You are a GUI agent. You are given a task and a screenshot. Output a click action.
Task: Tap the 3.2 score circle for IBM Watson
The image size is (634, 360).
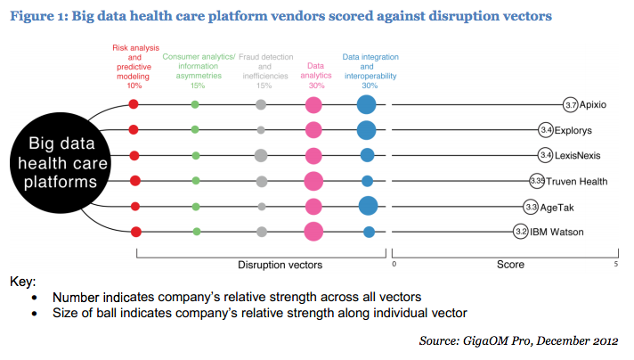coord(521,233)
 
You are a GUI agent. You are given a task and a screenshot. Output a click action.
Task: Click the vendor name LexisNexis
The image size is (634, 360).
coord(582,155)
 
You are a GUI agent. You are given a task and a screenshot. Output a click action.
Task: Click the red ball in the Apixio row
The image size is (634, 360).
coord(134,104)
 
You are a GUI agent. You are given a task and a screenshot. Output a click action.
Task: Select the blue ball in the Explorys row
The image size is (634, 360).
coord(366,130)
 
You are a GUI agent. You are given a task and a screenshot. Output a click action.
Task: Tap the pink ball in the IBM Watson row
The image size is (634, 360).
coord(313,233)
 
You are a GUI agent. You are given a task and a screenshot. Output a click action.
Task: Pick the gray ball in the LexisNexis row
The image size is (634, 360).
coord(261,156)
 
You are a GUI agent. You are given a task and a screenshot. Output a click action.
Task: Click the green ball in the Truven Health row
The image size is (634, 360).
coord(195,181)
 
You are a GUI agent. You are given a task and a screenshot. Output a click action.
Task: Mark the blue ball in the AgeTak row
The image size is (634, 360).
coord(367,207)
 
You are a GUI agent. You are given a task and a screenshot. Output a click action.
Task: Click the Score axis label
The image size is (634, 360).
coord(510,265)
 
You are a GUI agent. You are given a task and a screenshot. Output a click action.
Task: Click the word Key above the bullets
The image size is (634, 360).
coord(22,281)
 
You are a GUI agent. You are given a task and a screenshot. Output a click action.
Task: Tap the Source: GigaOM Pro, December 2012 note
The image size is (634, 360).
coord(519,340)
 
